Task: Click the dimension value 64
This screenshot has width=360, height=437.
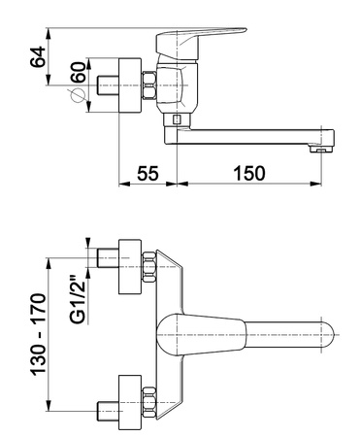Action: pos(38,56)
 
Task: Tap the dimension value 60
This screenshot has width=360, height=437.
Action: pos(79,72)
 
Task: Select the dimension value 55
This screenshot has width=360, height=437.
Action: pos(147,173)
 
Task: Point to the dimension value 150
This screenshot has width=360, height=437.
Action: pos(249,173)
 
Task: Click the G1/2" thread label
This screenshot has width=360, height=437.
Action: pos(78,299)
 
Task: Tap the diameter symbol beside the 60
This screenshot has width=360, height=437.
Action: pos(78,95)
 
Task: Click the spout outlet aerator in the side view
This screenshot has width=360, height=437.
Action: pos(321,150)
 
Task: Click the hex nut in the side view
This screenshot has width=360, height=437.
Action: pos(149,85)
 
